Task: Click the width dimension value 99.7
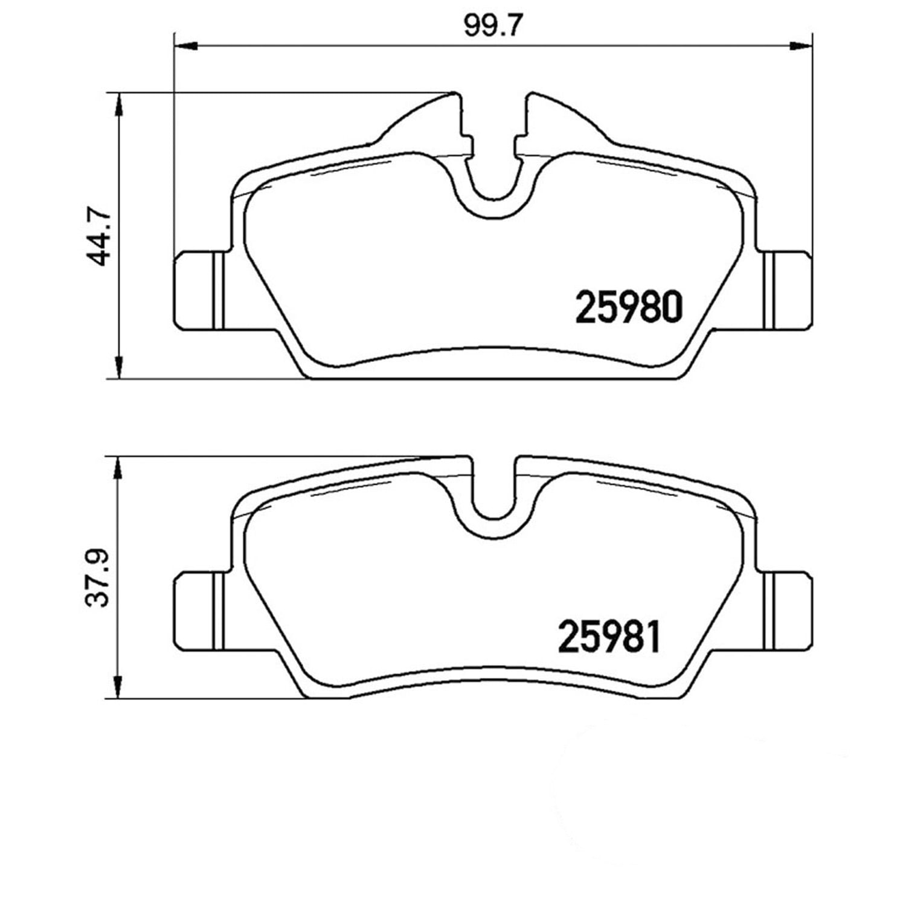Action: tap(492, 26)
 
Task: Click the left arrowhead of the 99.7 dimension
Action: tap(186, 45)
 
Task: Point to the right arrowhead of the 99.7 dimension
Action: tap(800, 45)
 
